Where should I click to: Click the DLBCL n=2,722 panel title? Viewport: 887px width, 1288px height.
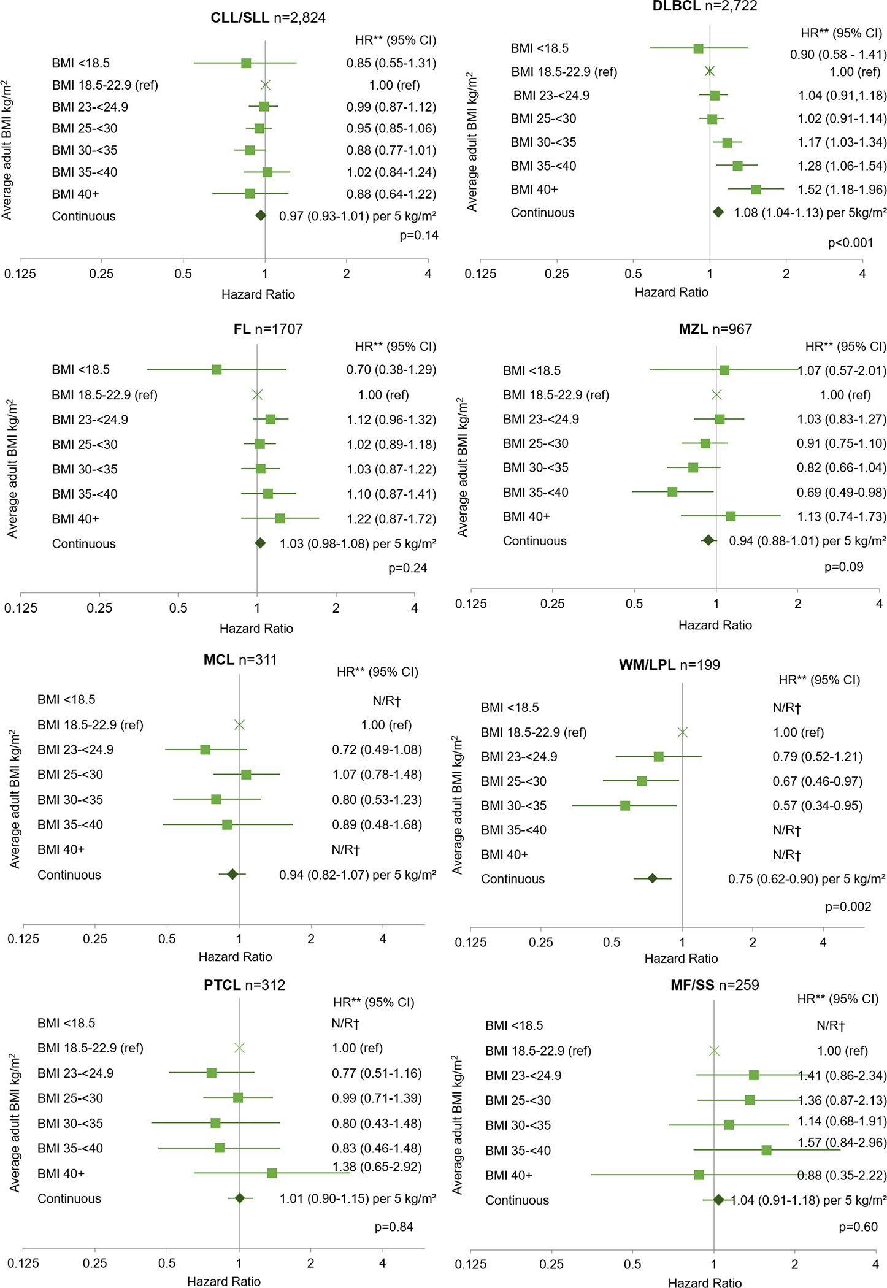pyautogui.click(x=704, y=6)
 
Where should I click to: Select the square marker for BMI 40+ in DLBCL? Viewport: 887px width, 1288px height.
pyautogui.click(x=756, y=190)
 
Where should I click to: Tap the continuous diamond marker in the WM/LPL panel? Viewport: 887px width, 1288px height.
pyautogui.click(x=652, y=878)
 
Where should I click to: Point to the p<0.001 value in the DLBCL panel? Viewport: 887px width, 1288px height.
pyautogui.click(x=850, y=243)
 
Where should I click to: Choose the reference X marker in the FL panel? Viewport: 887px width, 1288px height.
pyautogui.click(x=257, y=394)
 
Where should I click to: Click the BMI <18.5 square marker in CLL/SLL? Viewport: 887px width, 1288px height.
pyautogui.click(x=246, y=63)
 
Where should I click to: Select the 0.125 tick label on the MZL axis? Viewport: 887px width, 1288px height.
pyautogui.click(x=470, y=604)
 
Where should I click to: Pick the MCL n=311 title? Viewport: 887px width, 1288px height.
pyautogui.click(x=240, y=660)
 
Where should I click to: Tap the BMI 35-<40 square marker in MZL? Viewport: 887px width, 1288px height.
pyautogui.click(x=672, y=492)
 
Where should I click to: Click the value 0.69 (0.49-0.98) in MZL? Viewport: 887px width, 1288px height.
pyautogui.click(x=841, y=492)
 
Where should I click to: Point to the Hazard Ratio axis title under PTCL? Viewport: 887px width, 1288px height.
pyautogui.click(x=223, y=1281)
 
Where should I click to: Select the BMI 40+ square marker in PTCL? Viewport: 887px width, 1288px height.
pyautogui.click(x=272, y=1173)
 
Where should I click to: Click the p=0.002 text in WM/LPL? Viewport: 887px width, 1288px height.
pyautogui.click(x=848, y=907)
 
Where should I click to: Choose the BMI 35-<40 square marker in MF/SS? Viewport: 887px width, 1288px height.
pyautogui.click(x=766, y=1150)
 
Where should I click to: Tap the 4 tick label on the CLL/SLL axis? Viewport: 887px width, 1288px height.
pyautogui.click(x=428, y=274)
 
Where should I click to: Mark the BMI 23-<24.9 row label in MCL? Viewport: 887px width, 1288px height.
pyautogui.click(x=75, y=749)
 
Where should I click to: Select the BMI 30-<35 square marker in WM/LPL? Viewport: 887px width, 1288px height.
pyautogui.click(x=625, y=805)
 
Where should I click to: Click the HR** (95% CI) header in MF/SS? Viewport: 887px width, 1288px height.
pyautogui.click(x=837, y=999)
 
